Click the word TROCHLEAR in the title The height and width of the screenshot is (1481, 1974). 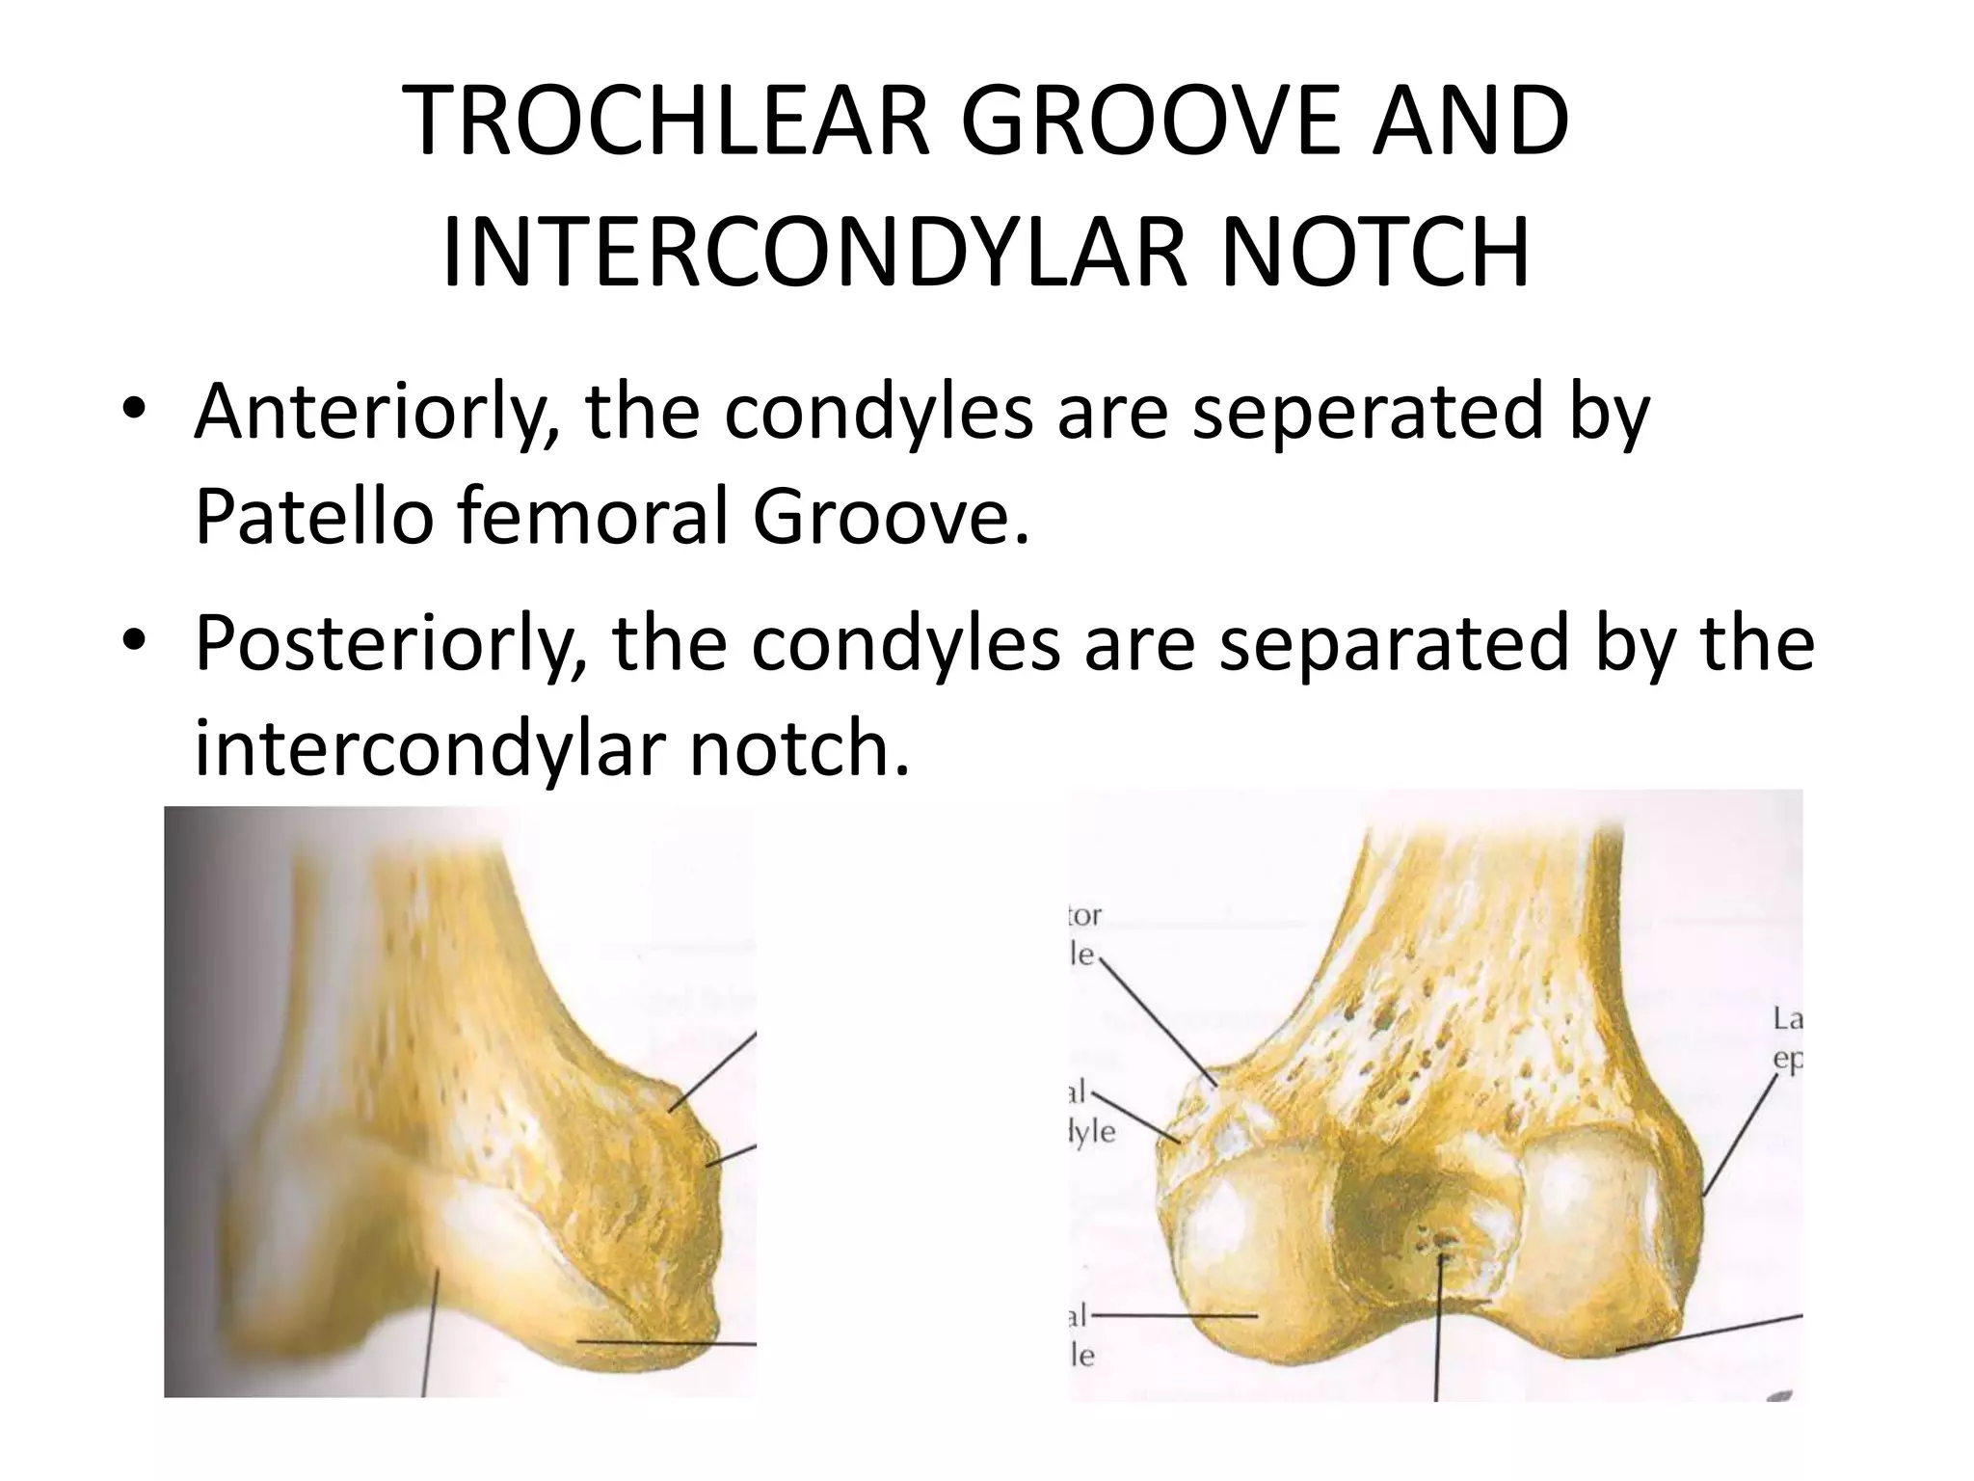tap(665, 122)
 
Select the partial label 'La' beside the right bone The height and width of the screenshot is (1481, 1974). tap(1788, 1019)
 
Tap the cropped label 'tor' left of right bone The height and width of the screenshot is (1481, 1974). tap(1085, 914)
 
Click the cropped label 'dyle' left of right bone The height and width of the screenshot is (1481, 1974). tap(1093, 1132)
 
